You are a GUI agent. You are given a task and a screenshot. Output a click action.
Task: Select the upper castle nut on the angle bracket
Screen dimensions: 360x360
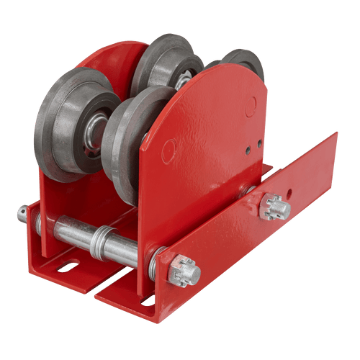[276, 207]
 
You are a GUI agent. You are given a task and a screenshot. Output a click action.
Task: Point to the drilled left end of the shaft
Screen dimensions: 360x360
[23, 214]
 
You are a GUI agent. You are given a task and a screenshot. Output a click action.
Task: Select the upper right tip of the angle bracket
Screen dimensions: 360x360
[334, 137]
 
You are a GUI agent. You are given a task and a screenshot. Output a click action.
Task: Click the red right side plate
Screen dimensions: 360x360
[209, 151]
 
